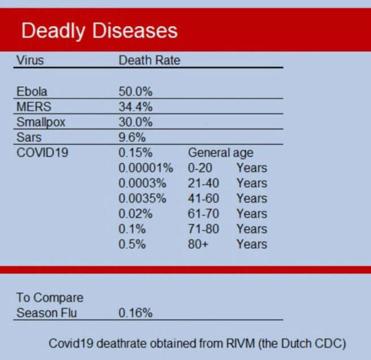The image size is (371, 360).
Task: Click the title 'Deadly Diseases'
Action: pos(99,30)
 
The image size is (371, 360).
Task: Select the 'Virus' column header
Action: pos(30,60)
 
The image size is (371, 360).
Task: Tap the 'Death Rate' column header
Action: pos(149,60)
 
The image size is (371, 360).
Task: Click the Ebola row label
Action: pos(32,91)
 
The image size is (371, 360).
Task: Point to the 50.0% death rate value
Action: pos(135,91)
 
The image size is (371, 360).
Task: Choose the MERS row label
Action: pos(33,107)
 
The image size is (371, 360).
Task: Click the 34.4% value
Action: pos(135,107)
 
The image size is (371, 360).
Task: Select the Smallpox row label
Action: pos(41,122)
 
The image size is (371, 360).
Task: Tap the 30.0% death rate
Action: pos(135,122)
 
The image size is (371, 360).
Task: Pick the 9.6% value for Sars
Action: pos(132,137)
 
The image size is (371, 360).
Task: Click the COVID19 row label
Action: pos(42,153)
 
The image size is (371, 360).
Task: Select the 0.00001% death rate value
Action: pos(144,168)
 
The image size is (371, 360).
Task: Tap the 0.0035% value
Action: pos(142,198)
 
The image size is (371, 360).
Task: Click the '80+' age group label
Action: pos(198,244)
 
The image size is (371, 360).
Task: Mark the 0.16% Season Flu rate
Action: pos(135,312)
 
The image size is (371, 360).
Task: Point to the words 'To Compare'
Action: pos(49,298)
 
